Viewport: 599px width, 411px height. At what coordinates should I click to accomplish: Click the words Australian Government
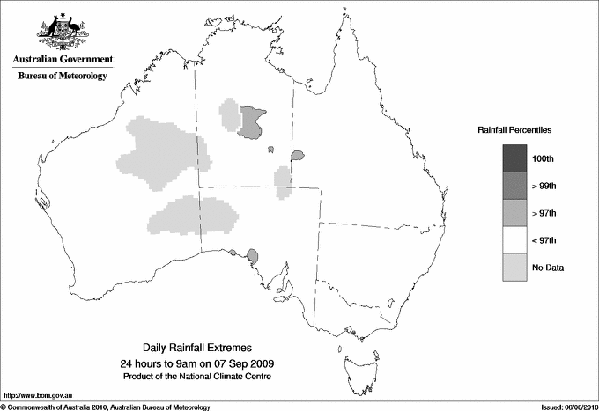pyautogui.click(x=63, y=60)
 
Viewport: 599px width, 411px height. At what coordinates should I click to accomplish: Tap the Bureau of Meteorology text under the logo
pyautogui.click(x=63, y=77)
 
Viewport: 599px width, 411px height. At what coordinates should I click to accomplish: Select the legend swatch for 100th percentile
pyautogui.click(x=514, y=158)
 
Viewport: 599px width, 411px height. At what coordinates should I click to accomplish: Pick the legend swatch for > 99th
pyautogui.click(x=514, y=186)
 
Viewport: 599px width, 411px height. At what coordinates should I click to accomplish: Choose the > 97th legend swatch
pyautogui.click(x=514, y=213)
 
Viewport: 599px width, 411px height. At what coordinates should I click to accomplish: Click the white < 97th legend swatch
pyautogui.click(x=514, y=240)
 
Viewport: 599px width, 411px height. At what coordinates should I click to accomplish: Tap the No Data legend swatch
pyautogui.click(x=514, y=268)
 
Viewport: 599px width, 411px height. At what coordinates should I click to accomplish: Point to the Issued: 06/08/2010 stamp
pyautogui.click(x=561, y=406)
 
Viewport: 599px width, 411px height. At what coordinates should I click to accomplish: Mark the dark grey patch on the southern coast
pyautogui.click(x=252, y=256)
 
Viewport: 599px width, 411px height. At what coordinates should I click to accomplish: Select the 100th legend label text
pyautogui.click(x=543, y=158)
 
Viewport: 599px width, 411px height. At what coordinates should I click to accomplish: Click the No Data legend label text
pyautogui.click(x=547, y=268)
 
